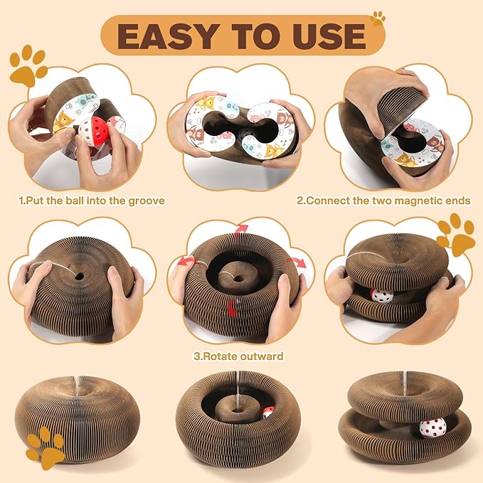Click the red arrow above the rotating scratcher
241,229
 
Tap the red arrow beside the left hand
186,261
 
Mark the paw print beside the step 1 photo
28,66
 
